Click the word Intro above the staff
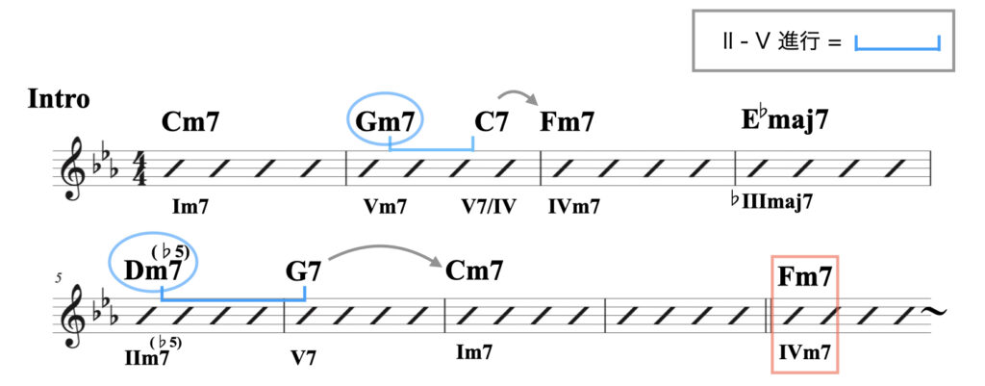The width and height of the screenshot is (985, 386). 59,98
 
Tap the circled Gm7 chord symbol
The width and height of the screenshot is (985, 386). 385,122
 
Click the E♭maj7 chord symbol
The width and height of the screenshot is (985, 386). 785,121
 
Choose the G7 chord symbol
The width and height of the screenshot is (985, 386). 303,271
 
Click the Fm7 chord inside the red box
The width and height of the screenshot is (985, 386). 805,278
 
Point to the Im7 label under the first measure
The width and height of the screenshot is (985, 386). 190,204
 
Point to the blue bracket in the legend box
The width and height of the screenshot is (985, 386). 896,42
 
